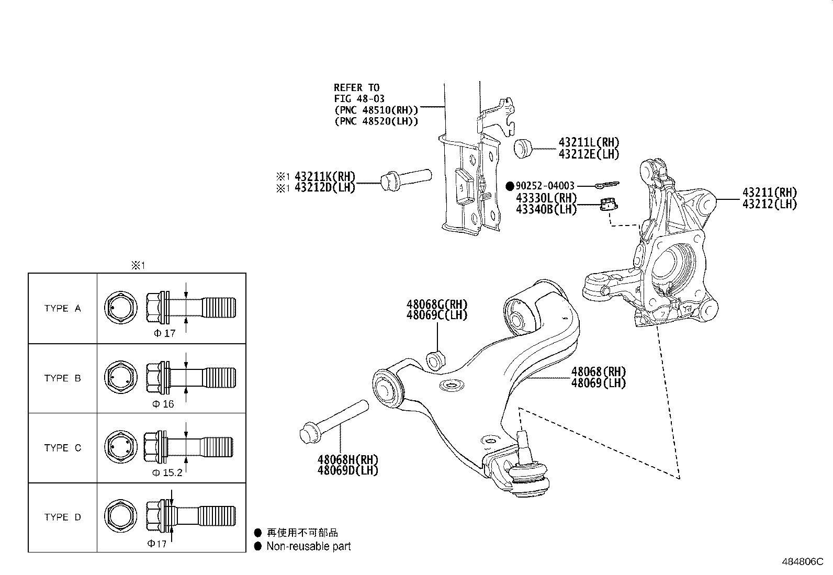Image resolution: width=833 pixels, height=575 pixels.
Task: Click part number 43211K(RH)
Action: tap(325, 176)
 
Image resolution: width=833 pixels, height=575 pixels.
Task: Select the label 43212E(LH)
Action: tap(589, 154)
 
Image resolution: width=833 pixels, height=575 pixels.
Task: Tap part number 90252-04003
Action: tap(545, 186)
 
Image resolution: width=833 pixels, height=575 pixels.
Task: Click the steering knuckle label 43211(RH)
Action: tap(769, 193)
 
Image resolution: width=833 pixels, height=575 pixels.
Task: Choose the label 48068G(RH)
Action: tap(437, 305)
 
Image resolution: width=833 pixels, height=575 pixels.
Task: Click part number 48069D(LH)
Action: tap(347, 470)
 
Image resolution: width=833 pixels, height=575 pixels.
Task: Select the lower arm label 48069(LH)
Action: tap(598, 383)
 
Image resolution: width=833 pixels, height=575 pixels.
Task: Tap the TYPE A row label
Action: tap(63, 309)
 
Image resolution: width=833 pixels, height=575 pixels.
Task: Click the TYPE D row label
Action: tap(63, 517)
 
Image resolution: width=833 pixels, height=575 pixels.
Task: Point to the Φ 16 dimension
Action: tap(163, 404)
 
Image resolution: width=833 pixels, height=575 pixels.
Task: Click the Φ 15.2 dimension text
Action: tap(167, 473)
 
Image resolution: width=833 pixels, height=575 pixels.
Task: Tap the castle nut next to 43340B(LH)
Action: tap(608, 205)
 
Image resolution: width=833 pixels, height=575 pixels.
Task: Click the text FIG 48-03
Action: tap(359, 98)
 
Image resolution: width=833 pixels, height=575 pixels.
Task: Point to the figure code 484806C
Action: tap(803, 561)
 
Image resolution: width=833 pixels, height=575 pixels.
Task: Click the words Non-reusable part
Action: tap(309, 546)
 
